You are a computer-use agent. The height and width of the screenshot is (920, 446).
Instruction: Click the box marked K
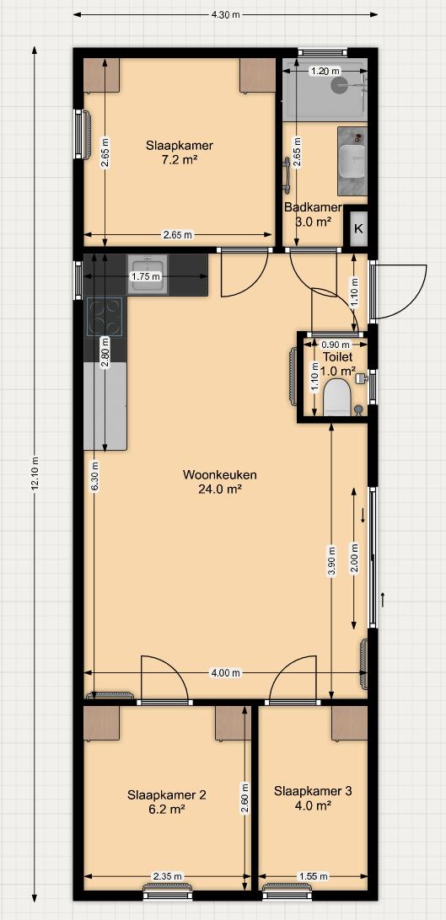358,229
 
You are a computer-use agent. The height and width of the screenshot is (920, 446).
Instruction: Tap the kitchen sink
148,275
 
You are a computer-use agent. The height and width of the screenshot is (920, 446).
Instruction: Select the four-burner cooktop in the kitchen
105,317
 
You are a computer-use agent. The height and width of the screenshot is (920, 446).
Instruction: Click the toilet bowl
337,397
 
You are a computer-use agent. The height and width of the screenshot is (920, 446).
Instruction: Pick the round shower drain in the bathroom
339,86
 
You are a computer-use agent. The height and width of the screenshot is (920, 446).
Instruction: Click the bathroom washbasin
352,162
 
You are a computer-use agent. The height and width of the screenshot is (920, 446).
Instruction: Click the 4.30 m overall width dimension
225,14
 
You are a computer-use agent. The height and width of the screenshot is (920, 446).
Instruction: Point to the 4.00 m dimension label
225,673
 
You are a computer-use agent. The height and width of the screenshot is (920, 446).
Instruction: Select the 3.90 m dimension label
332,562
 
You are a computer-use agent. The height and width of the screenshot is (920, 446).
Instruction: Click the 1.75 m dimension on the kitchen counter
146,276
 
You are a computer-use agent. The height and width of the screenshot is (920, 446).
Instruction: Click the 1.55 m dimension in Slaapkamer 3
313,876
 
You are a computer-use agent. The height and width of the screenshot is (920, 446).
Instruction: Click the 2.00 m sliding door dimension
354,558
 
